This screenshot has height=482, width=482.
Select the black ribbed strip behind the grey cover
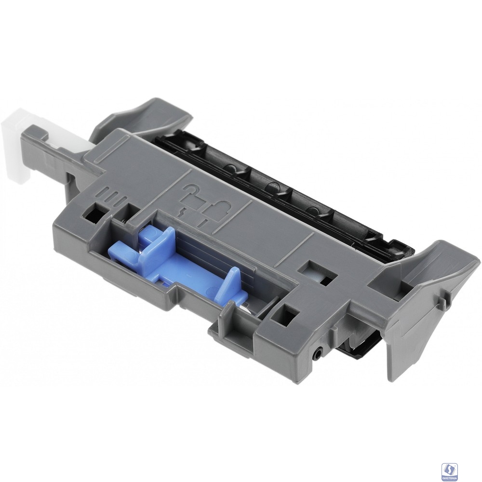pos(270,183)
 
